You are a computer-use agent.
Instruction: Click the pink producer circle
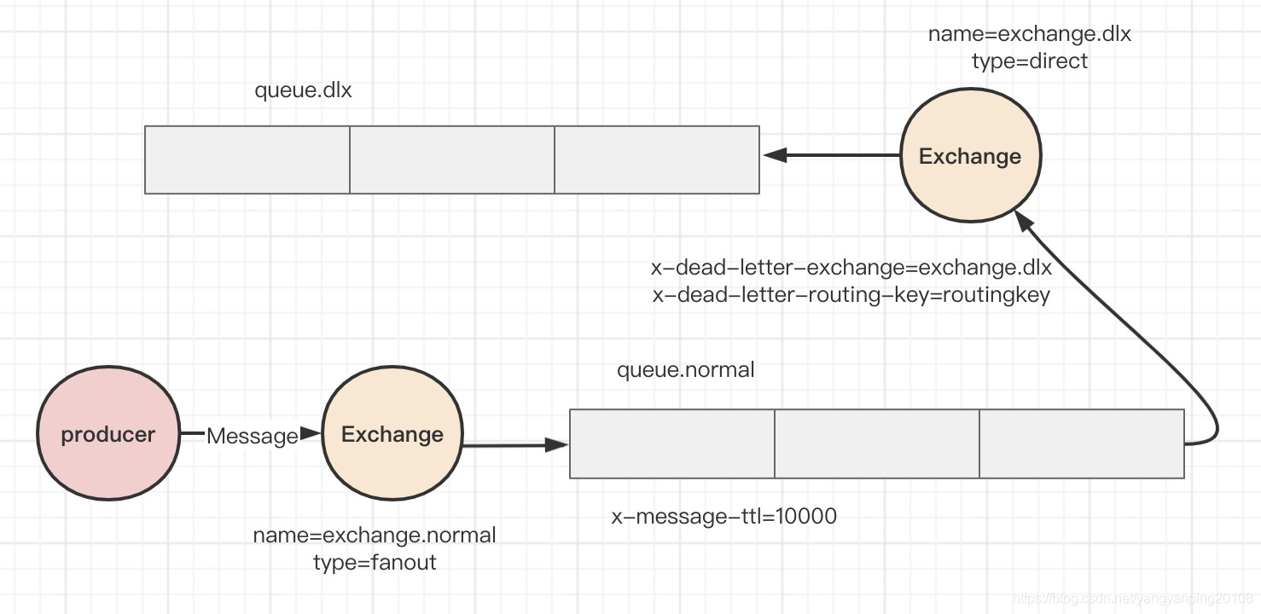tap(108, 432)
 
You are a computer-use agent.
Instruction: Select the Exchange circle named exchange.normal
tap(392, 432)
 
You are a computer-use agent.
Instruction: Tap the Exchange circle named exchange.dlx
tap(971, 154)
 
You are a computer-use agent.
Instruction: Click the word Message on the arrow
tap(252, 436)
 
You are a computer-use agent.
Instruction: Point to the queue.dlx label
tap(303, 90)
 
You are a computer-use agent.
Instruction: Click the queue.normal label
tap(686, 370)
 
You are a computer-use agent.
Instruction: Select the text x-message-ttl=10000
tap(724, 516)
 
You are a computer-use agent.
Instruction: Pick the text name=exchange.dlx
tap(1030, 34)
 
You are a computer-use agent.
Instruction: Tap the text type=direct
tap(1030, 61)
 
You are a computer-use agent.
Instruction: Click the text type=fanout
tap(375, 562)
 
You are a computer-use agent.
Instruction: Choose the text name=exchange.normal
tap(375, 535)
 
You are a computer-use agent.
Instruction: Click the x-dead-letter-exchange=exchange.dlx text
tap(851, 267)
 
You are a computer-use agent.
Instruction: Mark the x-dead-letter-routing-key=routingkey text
tap(851, 295)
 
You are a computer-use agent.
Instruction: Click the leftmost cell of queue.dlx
tap(247, 159)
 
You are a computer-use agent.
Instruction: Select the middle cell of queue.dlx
tap(452, 159)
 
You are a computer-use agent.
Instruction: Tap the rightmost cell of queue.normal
tap(1082, 444)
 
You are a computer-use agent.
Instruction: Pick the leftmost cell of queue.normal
tap(672, 444)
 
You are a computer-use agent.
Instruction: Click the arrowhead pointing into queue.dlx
tap(775, 154)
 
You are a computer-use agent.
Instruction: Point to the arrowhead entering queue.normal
tap(557, 445)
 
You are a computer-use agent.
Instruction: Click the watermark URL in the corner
tap(1133, 599)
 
